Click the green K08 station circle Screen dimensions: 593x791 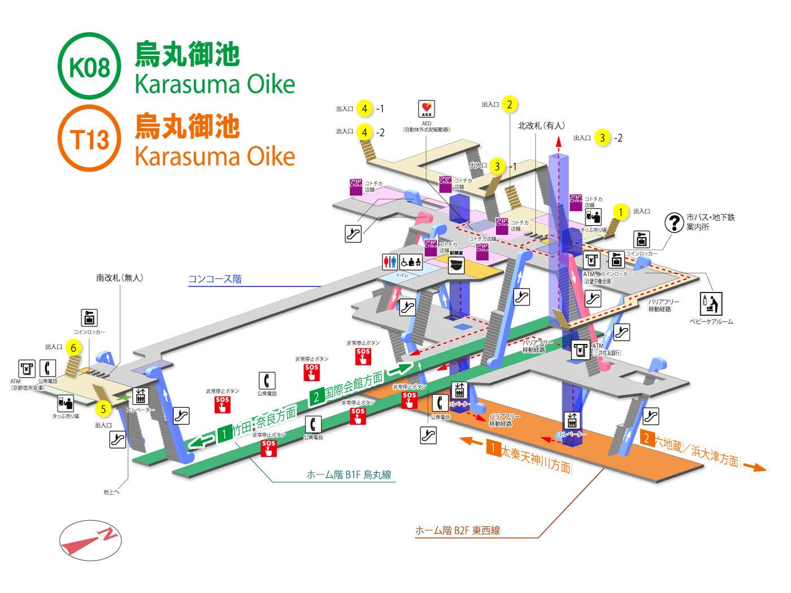(89, 67)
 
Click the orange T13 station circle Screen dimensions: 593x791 (89, 139)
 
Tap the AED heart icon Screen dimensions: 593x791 (427, 108)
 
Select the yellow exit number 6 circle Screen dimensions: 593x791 (73, 348)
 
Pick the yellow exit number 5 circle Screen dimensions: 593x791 (103, 409)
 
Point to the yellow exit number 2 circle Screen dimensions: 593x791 (509, 104)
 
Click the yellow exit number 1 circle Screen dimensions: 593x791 (620, 212)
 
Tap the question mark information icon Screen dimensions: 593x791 (674, 223)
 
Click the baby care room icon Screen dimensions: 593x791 (711, 304)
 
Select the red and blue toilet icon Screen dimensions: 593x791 (390, 261)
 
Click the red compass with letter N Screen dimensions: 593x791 (90, 540)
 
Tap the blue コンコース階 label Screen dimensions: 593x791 (215, 279)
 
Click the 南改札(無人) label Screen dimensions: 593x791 (119, 278)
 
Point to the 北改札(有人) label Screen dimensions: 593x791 (541, 125)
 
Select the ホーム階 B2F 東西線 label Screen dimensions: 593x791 (458, 530)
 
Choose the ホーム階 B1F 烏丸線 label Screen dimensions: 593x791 (349, 474)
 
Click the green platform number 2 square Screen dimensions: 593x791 (316, 396)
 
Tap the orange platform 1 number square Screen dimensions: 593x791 (493, 448)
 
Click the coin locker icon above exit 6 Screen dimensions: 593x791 (89, 317)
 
